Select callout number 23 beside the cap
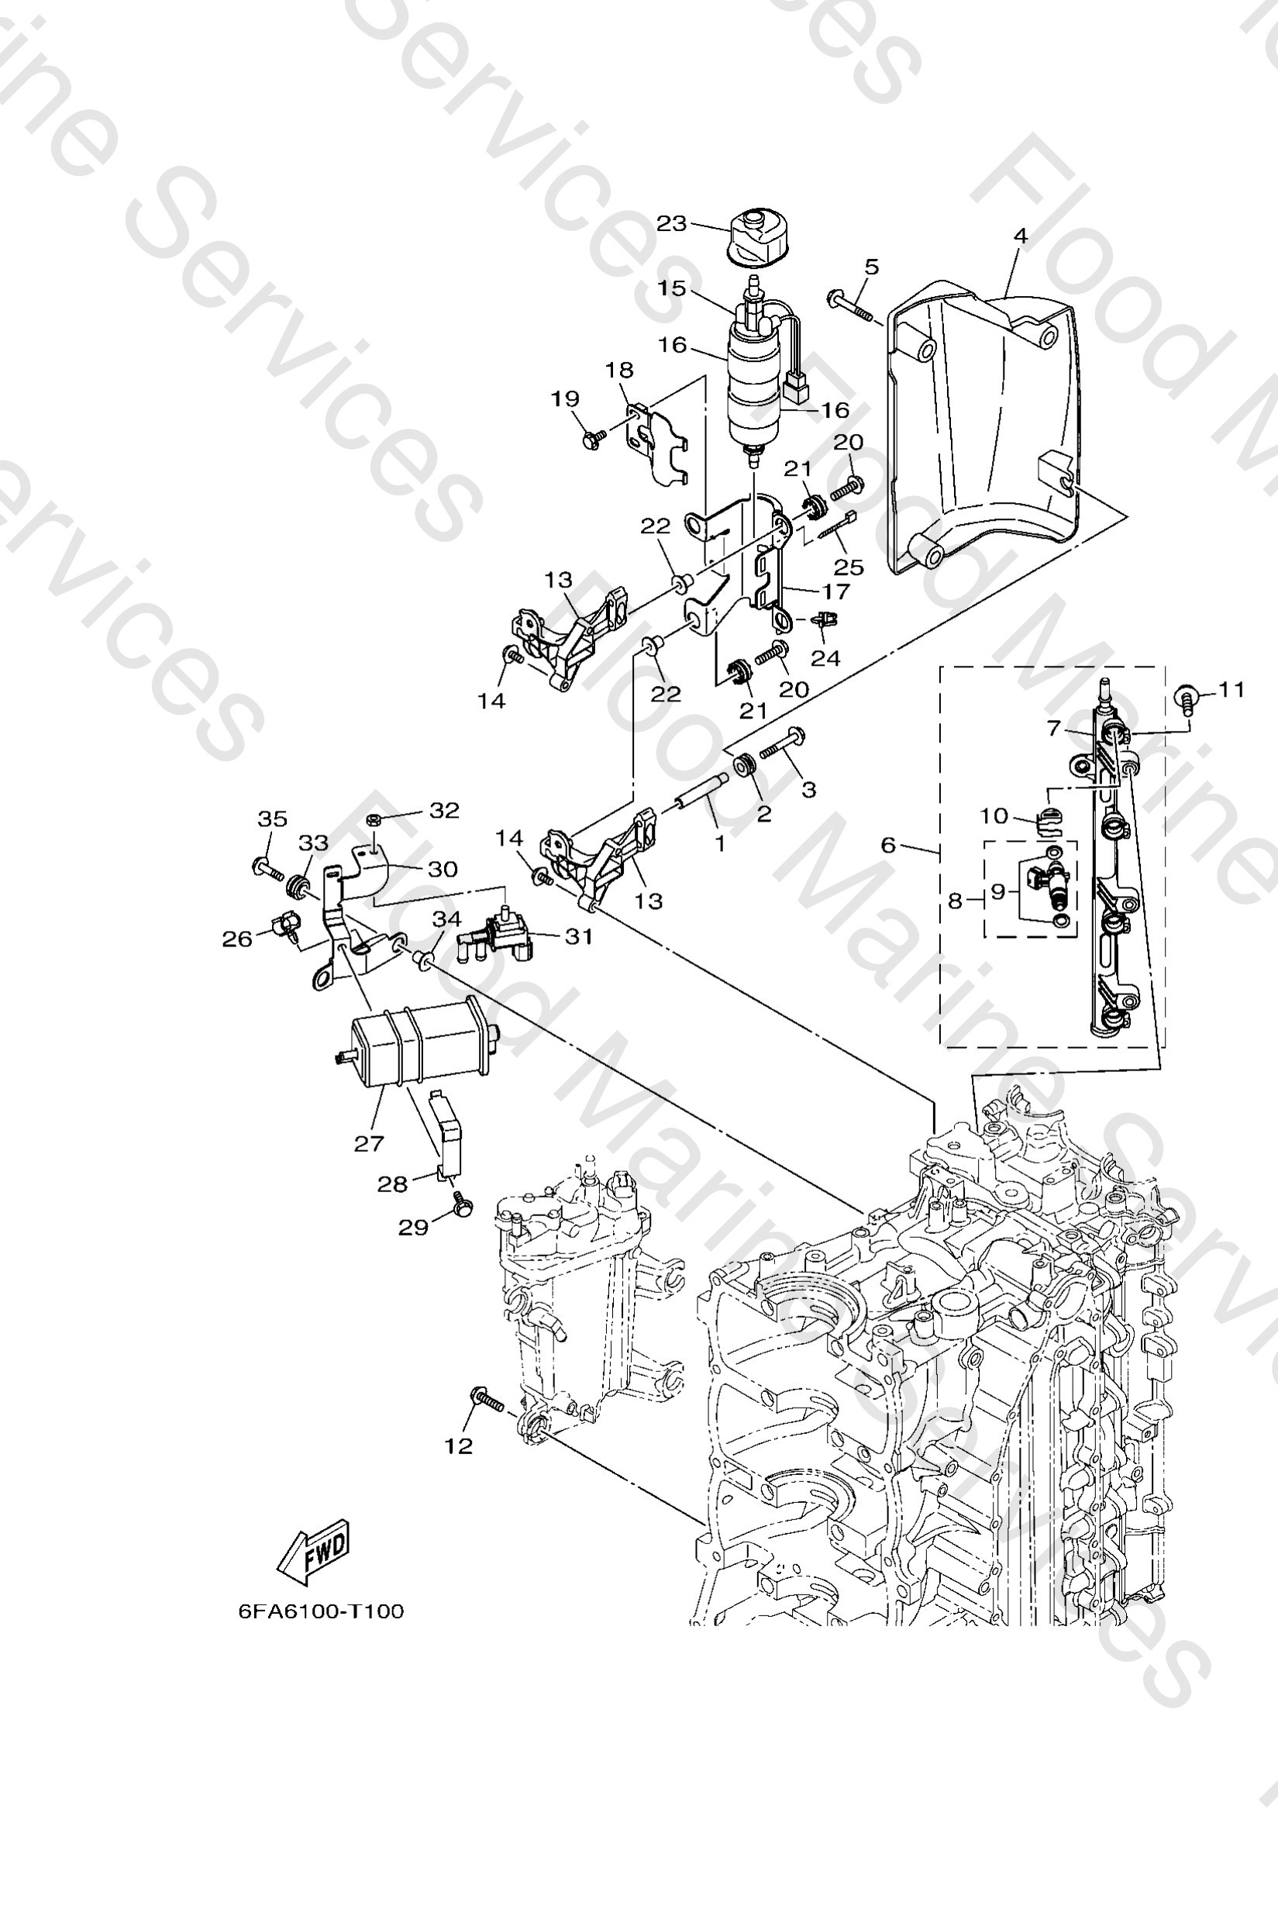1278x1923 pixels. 672,223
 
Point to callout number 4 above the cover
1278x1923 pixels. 1021,236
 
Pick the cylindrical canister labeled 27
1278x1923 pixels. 415,1044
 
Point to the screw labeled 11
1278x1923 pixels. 1186,699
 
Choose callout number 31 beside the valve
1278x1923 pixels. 578,936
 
